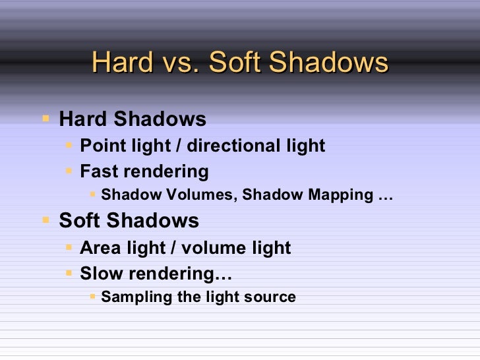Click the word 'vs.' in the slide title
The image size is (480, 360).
[180, 63]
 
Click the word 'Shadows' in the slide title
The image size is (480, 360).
[329, 63]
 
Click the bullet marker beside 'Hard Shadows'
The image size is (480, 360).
[45, 119]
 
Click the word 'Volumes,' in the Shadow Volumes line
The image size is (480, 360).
[184, 195]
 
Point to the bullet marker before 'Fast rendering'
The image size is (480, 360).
[69, 171]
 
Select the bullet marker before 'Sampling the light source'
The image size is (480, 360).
[92, 297]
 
